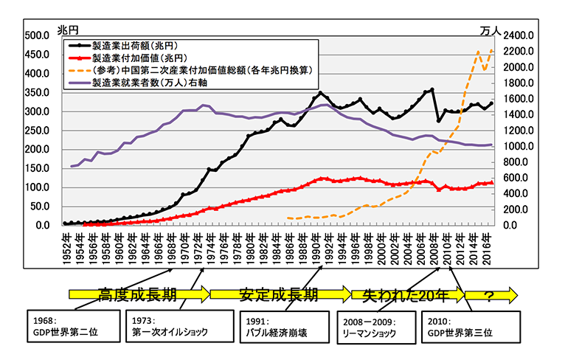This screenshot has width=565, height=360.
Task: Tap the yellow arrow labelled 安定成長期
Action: (x=278, y=295)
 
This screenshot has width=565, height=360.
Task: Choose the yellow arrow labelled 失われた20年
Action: (x=404, y=295)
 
